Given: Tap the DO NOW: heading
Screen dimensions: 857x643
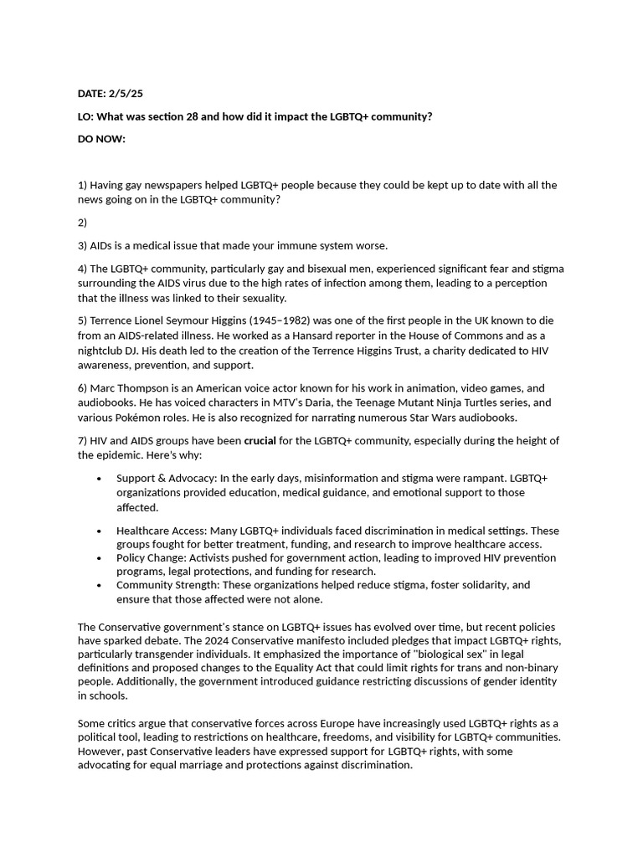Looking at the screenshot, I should point(101,139).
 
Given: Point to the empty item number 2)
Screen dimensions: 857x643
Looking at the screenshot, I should point(82,223).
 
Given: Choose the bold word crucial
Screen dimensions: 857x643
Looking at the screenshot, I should point(260,440).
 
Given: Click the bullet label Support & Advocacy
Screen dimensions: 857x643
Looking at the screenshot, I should point(166,478).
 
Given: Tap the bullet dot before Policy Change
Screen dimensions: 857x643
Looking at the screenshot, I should point(100,558).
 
